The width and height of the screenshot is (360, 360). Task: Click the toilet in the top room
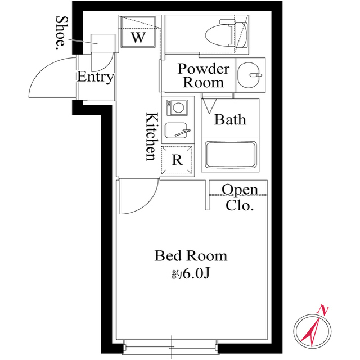pos(227,35)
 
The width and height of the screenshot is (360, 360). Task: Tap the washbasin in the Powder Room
pos(249,75)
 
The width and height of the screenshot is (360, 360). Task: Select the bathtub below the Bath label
pos(231,155)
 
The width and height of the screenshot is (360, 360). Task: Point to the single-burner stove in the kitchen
pos(177,107)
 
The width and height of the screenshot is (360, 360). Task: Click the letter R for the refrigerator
pos(178,160)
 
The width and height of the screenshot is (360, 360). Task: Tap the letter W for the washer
pos(138,37)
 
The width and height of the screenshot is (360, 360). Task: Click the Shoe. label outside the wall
pos(61,33)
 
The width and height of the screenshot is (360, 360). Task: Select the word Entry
pos(95,77)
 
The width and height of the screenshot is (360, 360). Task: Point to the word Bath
pos(230,120)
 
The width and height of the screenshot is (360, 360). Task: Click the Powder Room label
pos(204,75)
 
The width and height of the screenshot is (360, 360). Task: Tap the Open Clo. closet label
pos(240,197)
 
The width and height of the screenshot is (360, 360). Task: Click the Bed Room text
pos(191,256)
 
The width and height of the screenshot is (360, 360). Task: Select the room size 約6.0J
pos(191,273)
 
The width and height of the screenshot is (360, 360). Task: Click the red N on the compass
pos(323,310)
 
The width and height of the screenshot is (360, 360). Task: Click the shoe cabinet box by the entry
pos(103,43)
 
